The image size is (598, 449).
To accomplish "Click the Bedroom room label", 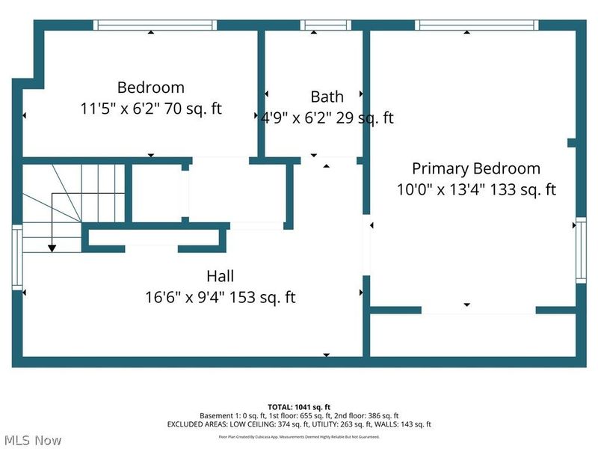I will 150,88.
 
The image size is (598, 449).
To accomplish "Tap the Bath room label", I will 327,97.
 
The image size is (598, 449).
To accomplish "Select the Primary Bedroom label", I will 475,168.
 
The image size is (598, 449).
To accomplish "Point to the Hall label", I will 221,276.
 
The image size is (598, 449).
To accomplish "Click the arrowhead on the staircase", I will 52,248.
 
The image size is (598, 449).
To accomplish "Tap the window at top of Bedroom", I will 155,25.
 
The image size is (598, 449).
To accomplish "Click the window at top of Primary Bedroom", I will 476,25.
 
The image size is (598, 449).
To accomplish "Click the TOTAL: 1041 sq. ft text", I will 299,406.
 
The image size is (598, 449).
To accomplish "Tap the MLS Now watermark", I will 32,439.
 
